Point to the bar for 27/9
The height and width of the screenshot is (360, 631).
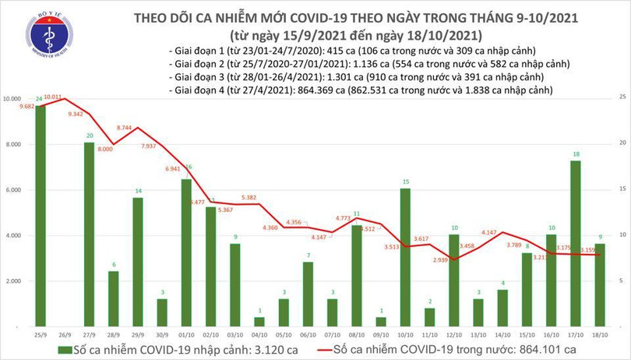(x=89, y=234)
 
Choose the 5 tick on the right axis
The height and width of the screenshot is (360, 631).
(x=620, y=281)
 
